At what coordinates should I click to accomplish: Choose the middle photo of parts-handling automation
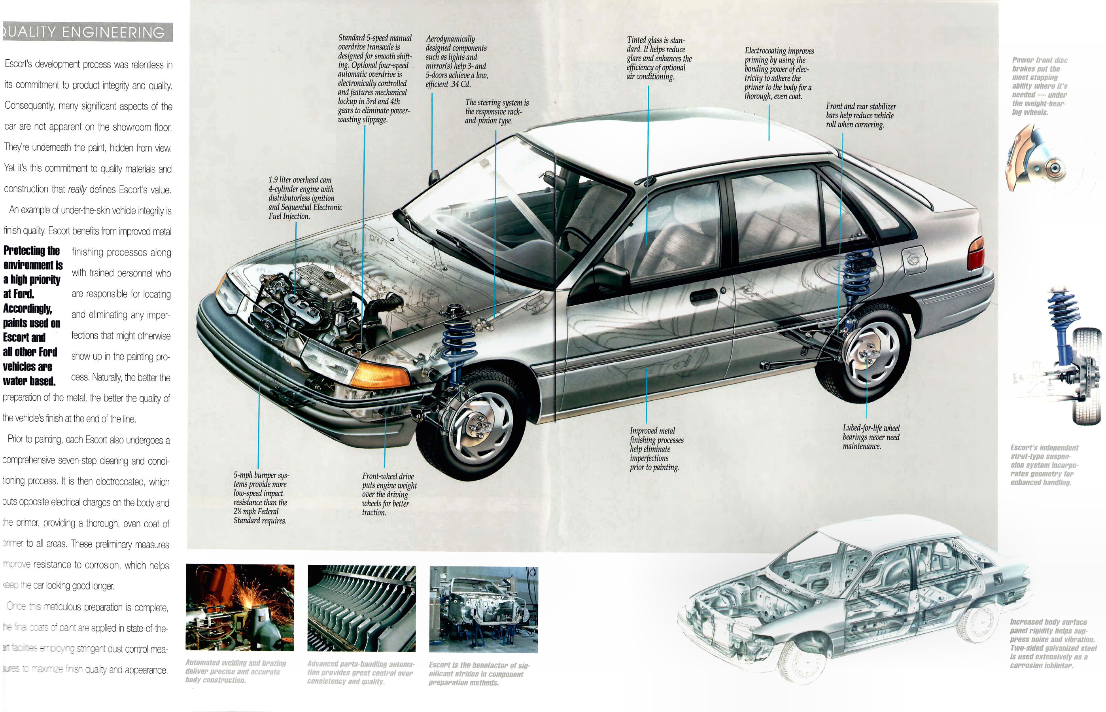361,608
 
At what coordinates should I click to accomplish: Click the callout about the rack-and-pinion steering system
497,112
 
